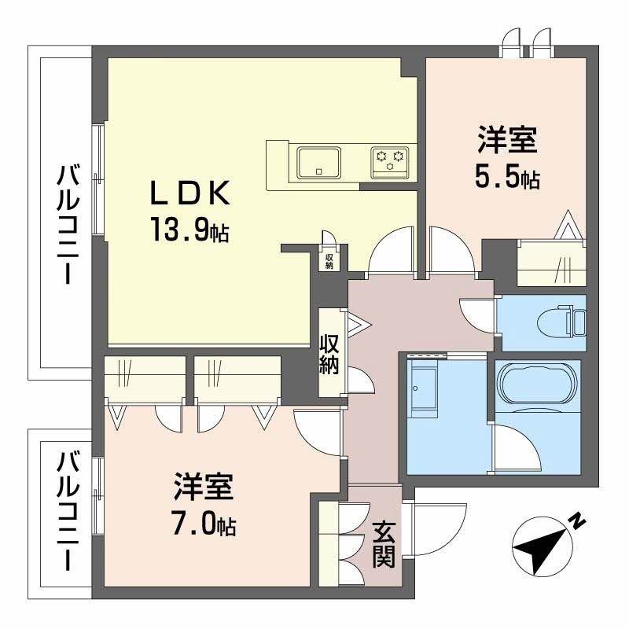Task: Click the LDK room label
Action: click(190, 194)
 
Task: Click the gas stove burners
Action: click(391, 161)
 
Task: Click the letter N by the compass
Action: click(577, 520)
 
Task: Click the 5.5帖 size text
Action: click(506, 178)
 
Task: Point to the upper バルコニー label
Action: click(66, 224)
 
